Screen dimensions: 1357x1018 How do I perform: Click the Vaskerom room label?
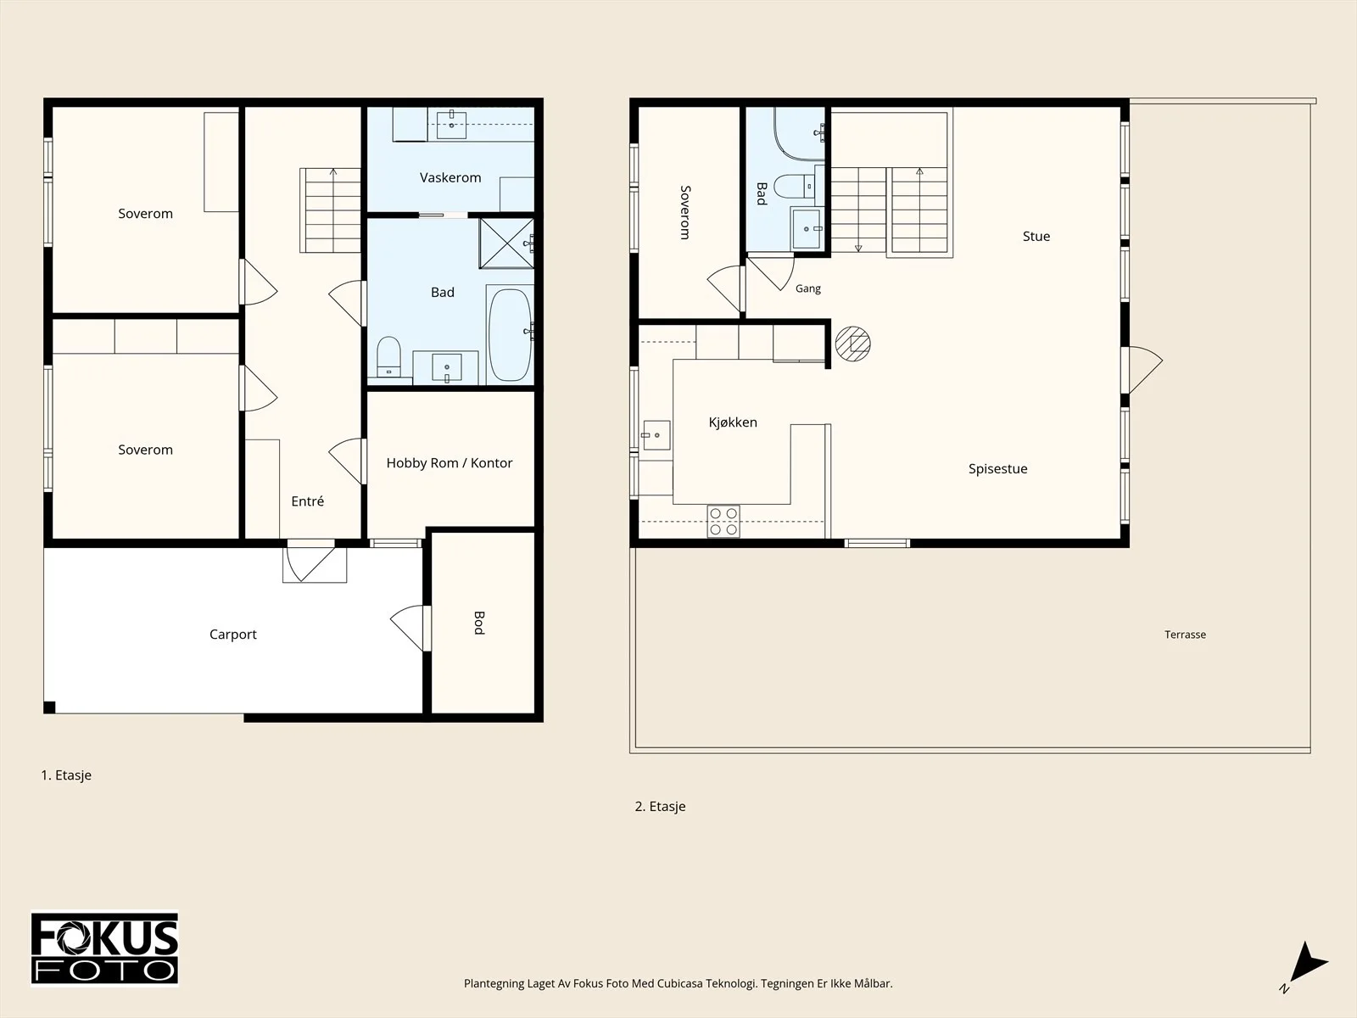[x=450, y=178]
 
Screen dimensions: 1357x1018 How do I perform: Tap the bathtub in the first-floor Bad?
[x=510, y=335]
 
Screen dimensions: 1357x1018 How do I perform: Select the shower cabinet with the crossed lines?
[x=507, y=243]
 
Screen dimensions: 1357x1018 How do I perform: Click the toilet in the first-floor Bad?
[x=388, y=356]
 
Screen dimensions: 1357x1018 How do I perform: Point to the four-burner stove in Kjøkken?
[x=723, y=521]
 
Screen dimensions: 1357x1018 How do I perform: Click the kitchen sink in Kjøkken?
[x=656, y=435]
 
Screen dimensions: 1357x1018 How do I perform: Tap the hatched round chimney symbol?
[x=853, y=344]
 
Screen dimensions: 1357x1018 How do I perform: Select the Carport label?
[x=233, y=635]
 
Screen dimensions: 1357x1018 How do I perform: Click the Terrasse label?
[x=1185, y=635]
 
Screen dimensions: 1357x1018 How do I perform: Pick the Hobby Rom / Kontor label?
[x=450, y=463]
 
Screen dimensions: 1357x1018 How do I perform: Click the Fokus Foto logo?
[x=104, y=948]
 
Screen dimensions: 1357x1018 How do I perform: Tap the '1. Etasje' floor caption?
[x=66, y=775]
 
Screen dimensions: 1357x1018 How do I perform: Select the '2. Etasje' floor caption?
[x=660, y=806]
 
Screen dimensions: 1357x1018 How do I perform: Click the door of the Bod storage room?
[x=410, y=628]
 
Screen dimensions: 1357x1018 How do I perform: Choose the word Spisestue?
[x=997, y=468]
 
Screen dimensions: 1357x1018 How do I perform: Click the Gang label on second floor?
[x=808, y=288]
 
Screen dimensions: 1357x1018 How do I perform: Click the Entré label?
[x=307, y=501]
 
